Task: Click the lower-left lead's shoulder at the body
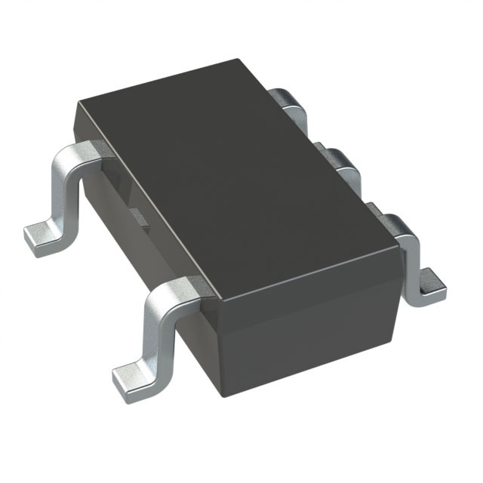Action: [x=181, y=291]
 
